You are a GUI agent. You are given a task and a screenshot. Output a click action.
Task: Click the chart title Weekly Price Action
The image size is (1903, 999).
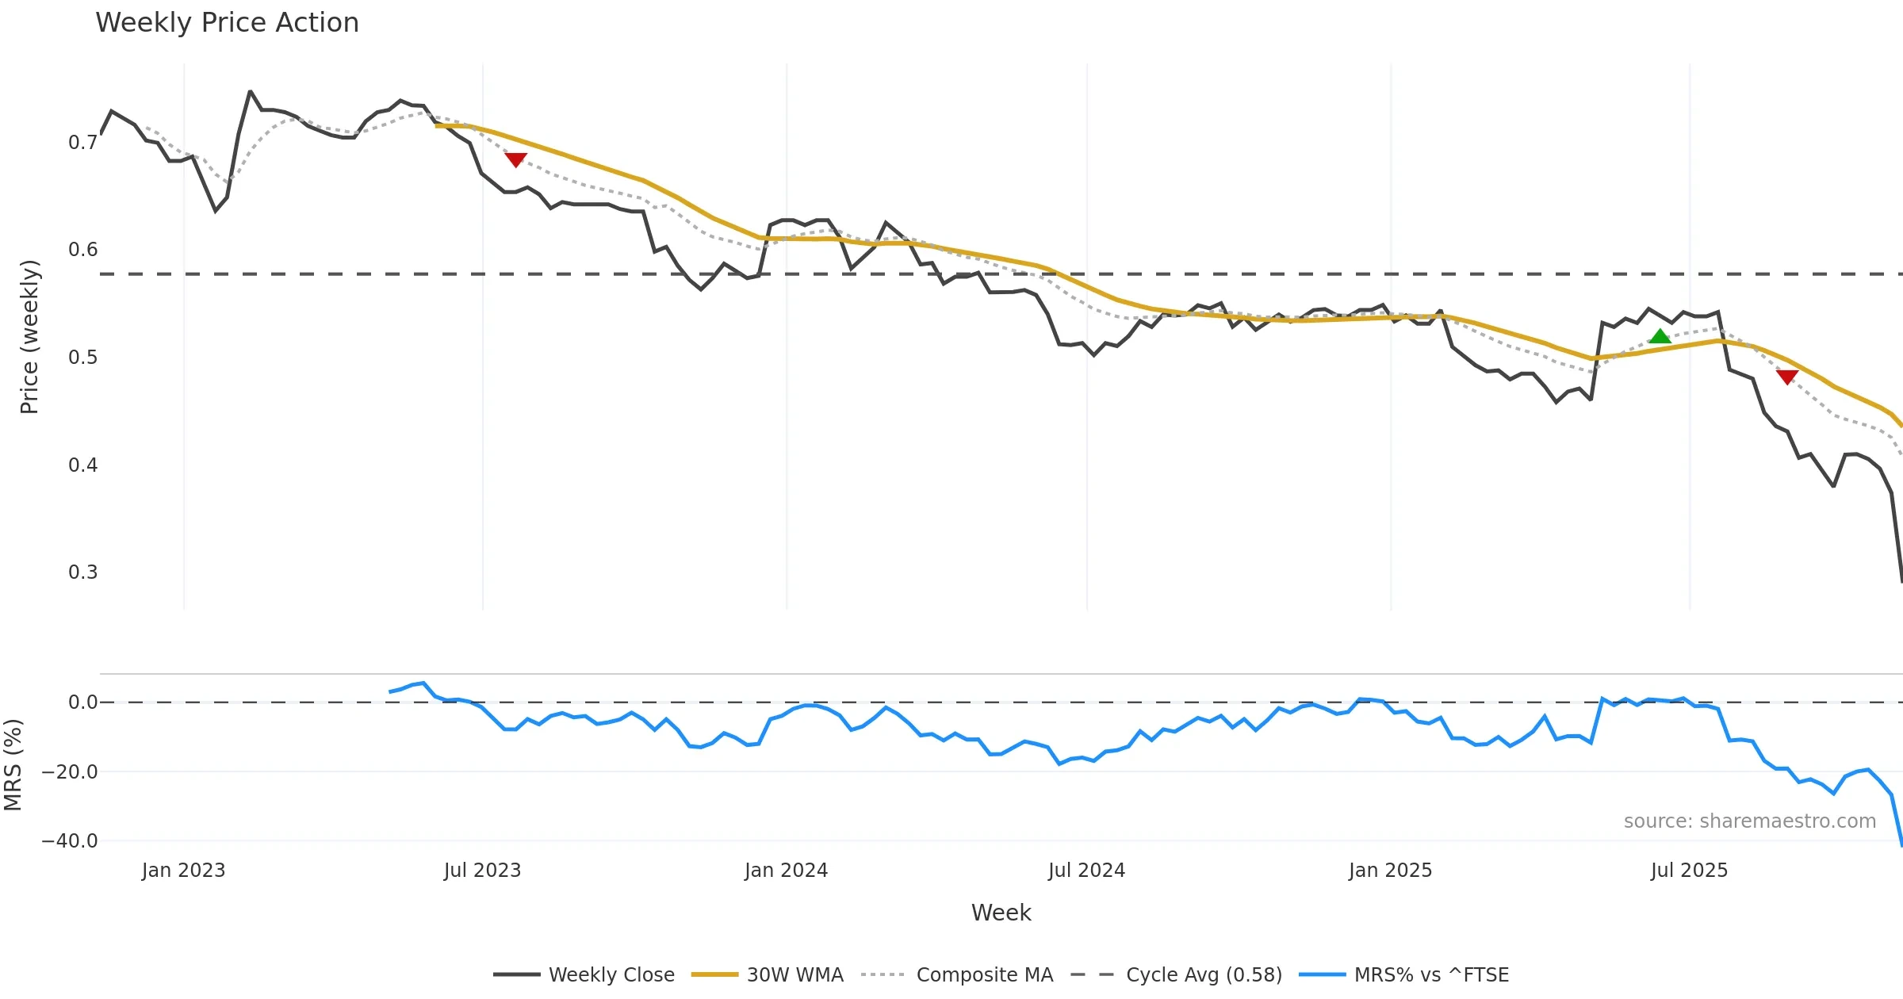227,23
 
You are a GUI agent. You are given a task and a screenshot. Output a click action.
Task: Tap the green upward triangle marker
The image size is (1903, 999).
1660,337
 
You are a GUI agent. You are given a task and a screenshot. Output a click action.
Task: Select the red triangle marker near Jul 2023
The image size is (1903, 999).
515,159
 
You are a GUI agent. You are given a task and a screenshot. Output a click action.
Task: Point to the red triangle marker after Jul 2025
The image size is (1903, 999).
1786,377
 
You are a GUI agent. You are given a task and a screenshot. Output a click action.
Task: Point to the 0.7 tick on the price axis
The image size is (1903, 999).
82,143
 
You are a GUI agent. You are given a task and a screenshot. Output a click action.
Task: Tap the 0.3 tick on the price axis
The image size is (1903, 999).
82,572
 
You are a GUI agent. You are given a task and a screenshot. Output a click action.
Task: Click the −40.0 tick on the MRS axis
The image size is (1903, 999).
70,841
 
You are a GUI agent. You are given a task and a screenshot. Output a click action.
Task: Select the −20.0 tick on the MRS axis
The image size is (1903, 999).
70,772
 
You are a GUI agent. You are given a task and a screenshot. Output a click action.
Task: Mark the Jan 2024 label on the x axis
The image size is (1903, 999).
786,871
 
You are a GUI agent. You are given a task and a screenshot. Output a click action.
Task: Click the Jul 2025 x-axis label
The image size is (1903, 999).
1689,871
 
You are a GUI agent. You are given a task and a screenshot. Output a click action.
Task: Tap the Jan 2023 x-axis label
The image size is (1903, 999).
183,871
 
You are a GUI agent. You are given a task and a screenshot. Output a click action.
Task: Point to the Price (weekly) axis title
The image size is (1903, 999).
29,337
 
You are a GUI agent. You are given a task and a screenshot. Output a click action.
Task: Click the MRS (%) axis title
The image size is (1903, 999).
13,765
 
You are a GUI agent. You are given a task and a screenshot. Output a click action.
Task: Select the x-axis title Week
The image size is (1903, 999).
1001,913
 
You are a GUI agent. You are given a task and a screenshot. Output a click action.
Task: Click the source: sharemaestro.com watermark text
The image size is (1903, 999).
1749,821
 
